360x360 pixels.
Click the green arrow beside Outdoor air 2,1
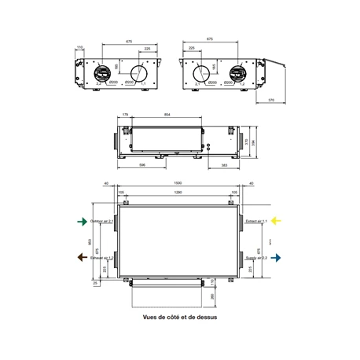(82, 222)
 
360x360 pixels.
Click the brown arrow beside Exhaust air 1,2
(82, 257)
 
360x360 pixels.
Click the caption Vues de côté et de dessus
(179, 318)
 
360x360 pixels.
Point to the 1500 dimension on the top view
(179, 184)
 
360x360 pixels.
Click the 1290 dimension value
(179, 191)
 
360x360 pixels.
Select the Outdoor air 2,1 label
(103, 222)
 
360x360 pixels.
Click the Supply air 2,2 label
(256, 257)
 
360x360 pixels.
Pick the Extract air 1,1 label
(256, 222)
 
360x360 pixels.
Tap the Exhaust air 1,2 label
(103, 257)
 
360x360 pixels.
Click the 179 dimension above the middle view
(126, 116)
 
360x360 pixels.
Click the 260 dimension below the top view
(214, 297)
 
